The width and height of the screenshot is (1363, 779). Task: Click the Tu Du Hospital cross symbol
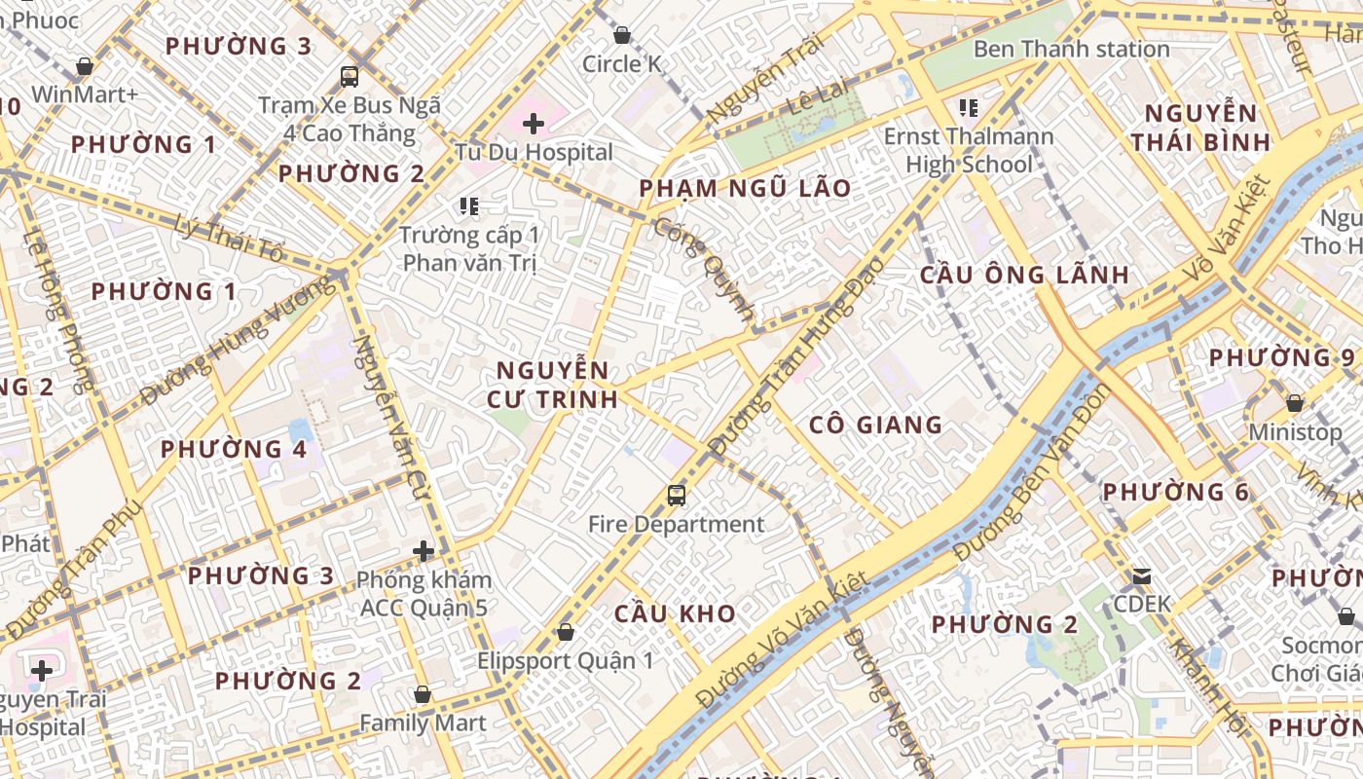[x=533, y=124]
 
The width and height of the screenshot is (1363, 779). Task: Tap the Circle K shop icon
[x=621, y=36]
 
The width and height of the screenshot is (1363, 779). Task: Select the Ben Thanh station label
[x=1071, y=49]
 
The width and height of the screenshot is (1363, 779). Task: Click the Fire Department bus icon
[x=676, y=496]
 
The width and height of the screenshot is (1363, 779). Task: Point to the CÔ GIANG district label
[x=875, y=425]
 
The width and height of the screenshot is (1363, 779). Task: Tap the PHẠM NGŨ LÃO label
[x=745, y=188]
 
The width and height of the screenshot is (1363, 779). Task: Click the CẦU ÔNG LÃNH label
[x=1024, y=275]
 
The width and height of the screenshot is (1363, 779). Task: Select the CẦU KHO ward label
[x=675, y=613]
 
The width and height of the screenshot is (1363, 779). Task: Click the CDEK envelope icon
[x=1141, y=576]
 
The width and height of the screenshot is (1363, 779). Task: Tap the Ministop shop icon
[x=1294, y=403]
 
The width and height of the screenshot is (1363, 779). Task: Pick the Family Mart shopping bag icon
[x=422, y=695]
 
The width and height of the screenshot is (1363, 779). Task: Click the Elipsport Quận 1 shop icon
[x=565, y=633]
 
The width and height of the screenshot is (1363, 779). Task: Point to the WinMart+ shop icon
[x=85, y=66]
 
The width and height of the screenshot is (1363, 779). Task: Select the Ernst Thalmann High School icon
[x=968, y=107]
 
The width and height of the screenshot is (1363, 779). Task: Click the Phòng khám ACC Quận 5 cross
[x=423, y=551]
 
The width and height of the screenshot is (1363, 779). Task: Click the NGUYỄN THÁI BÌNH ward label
[x=1200, y=128]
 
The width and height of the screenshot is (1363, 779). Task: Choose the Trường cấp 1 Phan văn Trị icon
[x=469, y=206]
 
